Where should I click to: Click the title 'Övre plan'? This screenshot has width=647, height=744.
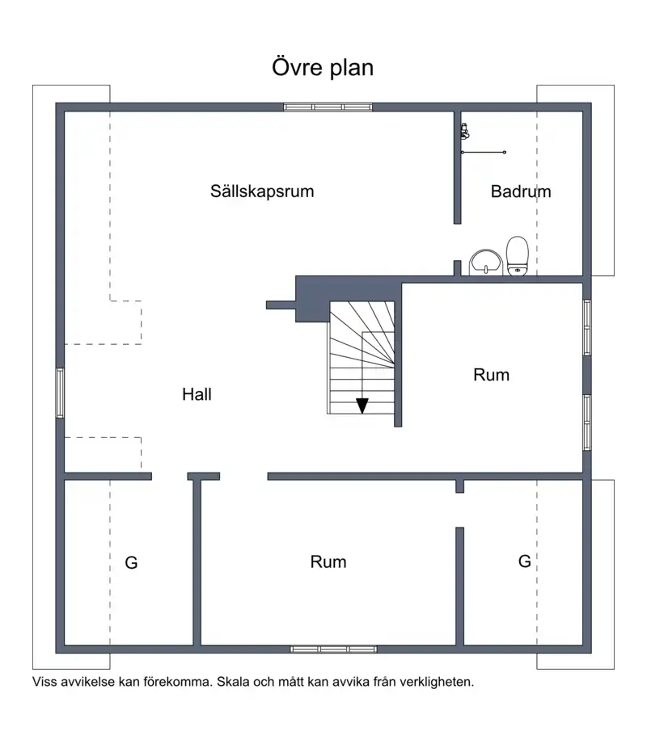(x=323, y=67)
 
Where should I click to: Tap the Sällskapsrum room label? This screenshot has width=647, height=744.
(x=262, y=191)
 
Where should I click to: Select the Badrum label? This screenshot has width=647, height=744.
(x=521, y=191)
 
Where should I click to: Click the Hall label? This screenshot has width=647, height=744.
(x=197, y=394)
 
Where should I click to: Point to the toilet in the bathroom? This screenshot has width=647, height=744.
(x=518, y=256)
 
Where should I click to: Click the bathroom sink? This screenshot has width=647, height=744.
(x=486, y=263)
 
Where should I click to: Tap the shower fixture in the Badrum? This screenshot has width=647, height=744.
(x=465, y=132)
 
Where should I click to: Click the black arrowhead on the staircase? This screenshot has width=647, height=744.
(x=362, y=406)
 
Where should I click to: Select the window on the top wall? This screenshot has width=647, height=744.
(x=328, y=107)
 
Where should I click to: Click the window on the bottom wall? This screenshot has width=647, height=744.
(x=333, y=649)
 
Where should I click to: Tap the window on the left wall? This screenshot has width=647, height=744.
(x=61, y=393)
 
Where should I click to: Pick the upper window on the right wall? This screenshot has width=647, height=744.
(x=587, y=327)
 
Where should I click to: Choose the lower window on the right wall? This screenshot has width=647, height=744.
(x=587, y=422)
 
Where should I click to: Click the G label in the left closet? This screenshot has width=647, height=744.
(x=131, y=563)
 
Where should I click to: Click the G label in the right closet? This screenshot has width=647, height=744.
(x=524, y=561)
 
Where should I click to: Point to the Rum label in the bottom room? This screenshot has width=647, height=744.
(x=328, y=561)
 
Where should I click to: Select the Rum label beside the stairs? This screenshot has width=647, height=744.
(x=491, y=375)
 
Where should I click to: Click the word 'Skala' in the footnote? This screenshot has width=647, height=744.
(x=233, y=682)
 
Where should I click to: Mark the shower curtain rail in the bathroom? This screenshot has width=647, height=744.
(x=484, y=153)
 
